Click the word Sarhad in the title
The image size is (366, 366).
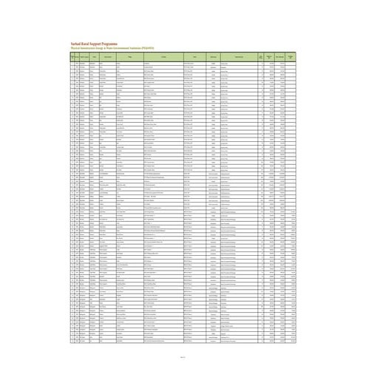75,44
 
